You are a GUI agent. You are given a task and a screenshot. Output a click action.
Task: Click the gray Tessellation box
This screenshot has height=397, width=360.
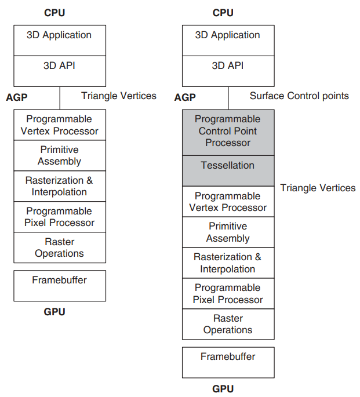(228, 170)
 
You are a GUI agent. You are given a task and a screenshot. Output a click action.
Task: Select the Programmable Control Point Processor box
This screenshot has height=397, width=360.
(228, 132)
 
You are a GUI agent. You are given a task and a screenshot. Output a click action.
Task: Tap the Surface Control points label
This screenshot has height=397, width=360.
(299, 96)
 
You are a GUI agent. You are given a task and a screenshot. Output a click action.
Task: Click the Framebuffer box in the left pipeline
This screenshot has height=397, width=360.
(60, 286)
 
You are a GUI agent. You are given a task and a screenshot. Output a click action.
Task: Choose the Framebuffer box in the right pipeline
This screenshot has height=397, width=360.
(228, 363)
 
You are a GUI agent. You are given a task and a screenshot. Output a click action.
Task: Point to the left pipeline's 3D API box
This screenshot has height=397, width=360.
(60, 71)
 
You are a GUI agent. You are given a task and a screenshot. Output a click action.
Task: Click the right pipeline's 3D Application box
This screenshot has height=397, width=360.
(228, 41)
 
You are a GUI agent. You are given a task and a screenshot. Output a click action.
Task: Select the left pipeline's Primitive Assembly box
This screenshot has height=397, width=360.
(60, 155)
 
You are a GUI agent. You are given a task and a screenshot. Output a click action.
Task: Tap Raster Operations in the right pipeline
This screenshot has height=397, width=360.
(228, 324)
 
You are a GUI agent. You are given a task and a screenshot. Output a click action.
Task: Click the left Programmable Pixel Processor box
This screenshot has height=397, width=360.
(60, 217)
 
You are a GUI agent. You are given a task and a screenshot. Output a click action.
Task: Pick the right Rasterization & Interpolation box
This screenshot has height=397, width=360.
(228, 263)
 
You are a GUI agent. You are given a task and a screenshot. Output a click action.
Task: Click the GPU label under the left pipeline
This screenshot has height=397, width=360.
(54, 312)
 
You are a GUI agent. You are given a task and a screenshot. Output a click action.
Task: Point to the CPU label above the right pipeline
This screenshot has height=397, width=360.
(223, 13)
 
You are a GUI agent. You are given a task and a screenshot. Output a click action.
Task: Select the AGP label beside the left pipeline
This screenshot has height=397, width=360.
(17, 97)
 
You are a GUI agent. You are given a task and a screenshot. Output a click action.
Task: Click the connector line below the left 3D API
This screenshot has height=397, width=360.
(60, 98)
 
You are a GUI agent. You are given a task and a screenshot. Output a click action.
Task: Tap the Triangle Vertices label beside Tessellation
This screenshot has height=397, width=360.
(318, 188)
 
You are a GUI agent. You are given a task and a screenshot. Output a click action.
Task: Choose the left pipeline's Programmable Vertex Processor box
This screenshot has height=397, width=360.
(60, 125)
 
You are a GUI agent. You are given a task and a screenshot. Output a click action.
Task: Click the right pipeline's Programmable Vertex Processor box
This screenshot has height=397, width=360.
(228, 202)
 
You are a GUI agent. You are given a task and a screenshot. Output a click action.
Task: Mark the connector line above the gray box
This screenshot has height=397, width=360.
(228, 98)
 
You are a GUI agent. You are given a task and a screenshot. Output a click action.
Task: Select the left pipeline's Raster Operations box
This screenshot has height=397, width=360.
(60, 247)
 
